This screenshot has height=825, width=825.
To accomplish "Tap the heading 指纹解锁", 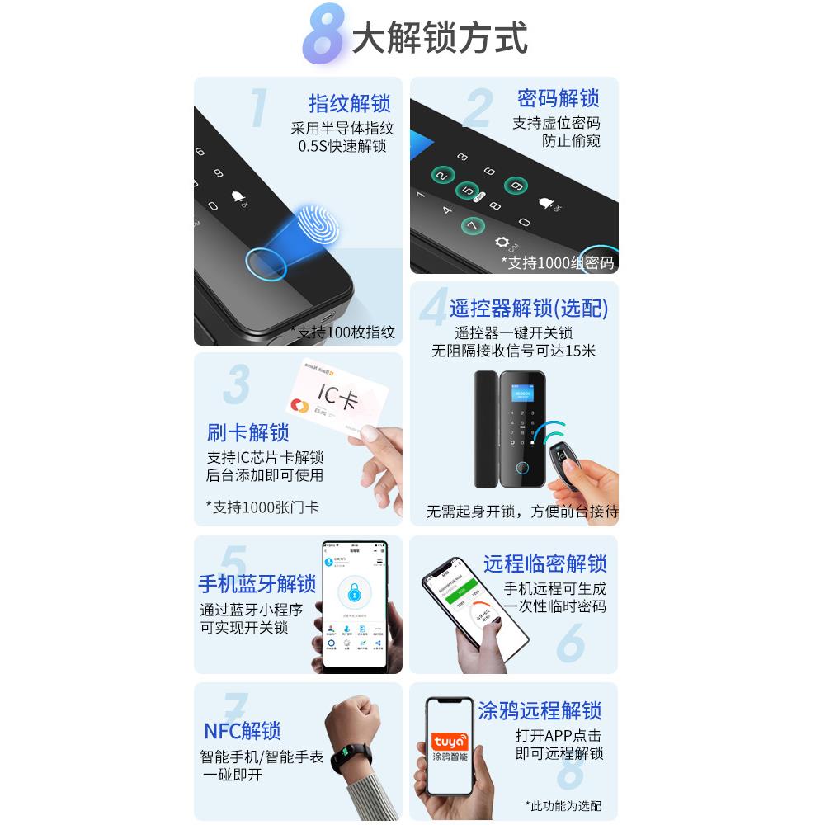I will (x=349, y=104).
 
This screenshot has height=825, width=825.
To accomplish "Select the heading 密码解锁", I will (x=558, y=98).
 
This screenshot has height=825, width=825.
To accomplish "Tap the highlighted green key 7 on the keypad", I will (x=472, y=225).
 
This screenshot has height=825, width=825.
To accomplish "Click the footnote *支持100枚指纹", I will (x=342, y=332).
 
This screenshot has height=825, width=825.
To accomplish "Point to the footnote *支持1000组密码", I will (x=558, y=263).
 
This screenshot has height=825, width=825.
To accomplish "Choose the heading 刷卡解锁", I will (x=247, y=432).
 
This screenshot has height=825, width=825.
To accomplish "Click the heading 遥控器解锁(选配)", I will (x=529, y=309).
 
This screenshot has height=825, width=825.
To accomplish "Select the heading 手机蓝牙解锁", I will (x=257, y=584).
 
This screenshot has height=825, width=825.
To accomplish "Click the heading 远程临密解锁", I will (x=545, y=564).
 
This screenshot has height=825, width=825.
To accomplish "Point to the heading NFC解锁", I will (x=242, y=731).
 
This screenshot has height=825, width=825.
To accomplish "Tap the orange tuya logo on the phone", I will (x=450, y=740).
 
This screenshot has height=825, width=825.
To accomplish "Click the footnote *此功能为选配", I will (x=563, y=805).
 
